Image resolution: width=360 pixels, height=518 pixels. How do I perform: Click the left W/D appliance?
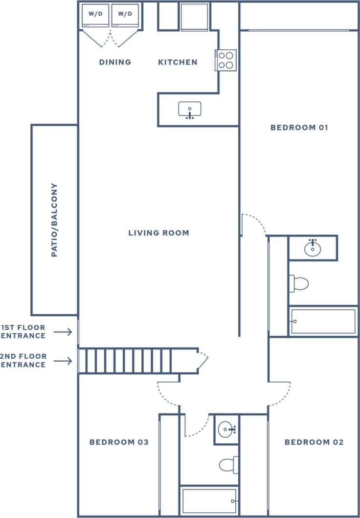tap(95, 16)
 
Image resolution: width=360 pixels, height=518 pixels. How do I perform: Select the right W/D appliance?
tap(125, 16)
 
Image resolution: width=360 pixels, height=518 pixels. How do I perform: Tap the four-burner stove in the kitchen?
tap(226, 60)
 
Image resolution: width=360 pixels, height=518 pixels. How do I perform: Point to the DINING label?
tap(115, 62)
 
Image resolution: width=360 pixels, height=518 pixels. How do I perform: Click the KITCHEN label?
tap(178, 62)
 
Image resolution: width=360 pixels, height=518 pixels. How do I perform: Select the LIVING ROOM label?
tap(158, 233)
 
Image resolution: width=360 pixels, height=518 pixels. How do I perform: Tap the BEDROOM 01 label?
tap(299, 128)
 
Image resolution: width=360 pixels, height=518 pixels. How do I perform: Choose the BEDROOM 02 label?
tap(314, 442)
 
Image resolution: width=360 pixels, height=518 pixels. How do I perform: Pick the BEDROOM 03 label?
tap(119, 442)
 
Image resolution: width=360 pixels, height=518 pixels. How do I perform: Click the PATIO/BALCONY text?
tap(54, 220)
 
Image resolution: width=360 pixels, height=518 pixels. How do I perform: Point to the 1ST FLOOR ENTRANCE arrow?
tap(63, 332)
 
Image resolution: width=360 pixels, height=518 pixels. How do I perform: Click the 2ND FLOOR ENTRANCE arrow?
tap(63, 361)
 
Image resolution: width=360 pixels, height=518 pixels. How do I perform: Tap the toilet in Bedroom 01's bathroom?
tap(299, 283)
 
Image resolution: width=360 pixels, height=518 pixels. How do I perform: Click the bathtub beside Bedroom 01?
tap(323, 321)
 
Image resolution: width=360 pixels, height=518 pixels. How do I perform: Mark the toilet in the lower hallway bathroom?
tap(229, 464)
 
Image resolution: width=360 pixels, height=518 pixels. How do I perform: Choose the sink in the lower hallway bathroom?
tap(226, 430)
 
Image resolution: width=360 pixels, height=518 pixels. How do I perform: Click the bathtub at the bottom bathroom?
tap(209, 501)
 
